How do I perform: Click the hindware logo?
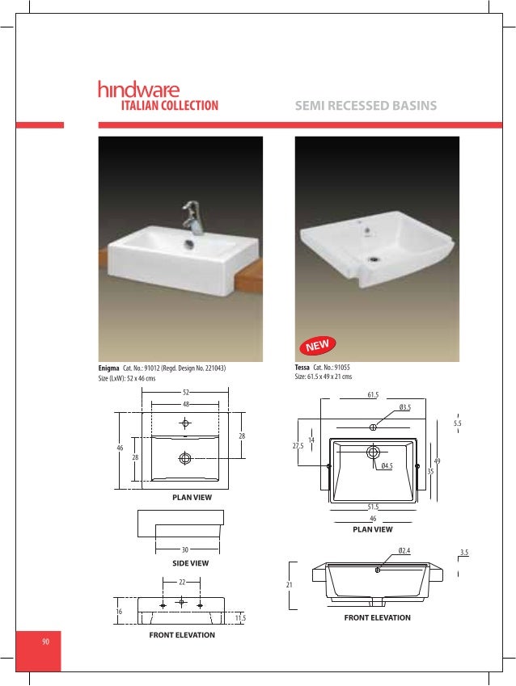[x=138, y=89]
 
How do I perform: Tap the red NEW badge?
[x=318, y=347]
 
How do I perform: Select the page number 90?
[x=46, y=642]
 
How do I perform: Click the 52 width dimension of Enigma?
[x=186, y=392]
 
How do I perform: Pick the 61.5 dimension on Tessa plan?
[x=373, y=394]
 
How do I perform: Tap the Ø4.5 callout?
[x=387, y=465]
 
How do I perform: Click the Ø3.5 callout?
[x=405, y=408]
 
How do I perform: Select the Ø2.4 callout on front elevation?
[x=404, y=551]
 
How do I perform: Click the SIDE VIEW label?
[x=191, y=563]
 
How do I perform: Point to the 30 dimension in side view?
[x=185, y=549]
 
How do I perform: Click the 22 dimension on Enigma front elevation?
[x=182, y=582]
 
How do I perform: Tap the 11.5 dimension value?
[x=240, y=618]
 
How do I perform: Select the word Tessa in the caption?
[x=303, y=368]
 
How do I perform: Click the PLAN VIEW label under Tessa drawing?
[x=372, y=529]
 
